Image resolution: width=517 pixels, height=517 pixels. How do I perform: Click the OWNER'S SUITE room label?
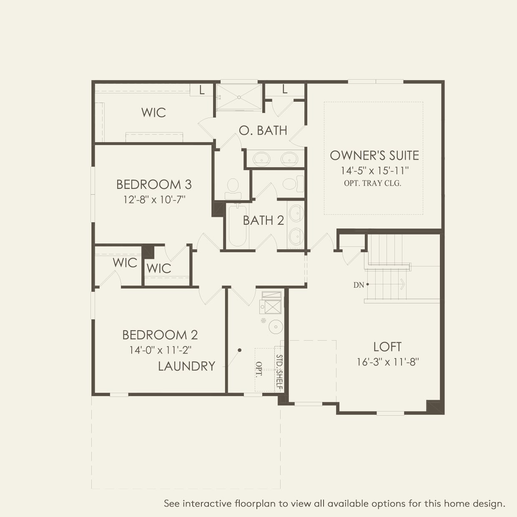pyautogui.click(x=374, y=156)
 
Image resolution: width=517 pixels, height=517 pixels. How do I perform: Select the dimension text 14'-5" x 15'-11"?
pyautogui.click(x=374, y=171)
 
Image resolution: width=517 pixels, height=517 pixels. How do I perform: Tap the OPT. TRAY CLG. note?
pyautogui.click(x=372, y=183)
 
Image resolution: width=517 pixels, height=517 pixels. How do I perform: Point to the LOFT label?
pyautogui.click(x=387, y=347)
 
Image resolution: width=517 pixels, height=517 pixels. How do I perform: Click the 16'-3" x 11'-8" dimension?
pyautogui.click(x=387, y=362)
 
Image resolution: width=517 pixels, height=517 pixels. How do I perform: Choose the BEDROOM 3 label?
pyautogui.click(x=154, y=184)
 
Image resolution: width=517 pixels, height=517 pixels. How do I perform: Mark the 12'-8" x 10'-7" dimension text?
pyautogui.click(x=154, y=199)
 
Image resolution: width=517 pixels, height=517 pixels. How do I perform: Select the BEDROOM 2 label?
pyautogui.click(x=160, y=335)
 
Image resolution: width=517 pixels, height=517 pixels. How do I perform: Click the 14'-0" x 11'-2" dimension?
pyautogui.click(x=160, y=350)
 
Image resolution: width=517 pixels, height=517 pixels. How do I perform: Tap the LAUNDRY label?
pyautogui.click(x=186, y=366)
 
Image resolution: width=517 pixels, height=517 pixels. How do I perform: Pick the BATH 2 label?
pyautogui.click(x=263, y=220)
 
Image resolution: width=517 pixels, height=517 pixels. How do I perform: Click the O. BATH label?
pyautogui.click(x=263, y=131)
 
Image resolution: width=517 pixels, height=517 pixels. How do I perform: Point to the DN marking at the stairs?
pyautogui.click(x=359, y=285)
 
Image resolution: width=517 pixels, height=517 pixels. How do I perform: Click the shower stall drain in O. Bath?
pyautogui.click(x=239, y=97)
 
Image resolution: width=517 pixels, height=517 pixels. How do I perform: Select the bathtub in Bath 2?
pyautogui.click(x=237, y=225)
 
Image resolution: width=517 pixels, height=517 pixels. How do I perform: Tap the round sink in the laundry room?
pyautogui.click(x=275, y=326)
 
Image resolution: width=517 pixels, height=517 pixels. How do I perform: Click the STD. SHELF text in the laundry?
pyautogui.click(x=279, y=372)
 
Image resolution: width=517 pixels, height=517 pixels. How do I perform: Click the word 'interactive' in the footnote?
pyautogui.click(x=207, y=504)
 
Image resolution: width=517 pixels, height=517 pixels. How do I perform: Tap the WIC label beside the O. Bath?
pyautogui.click(x=153, y=113)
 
